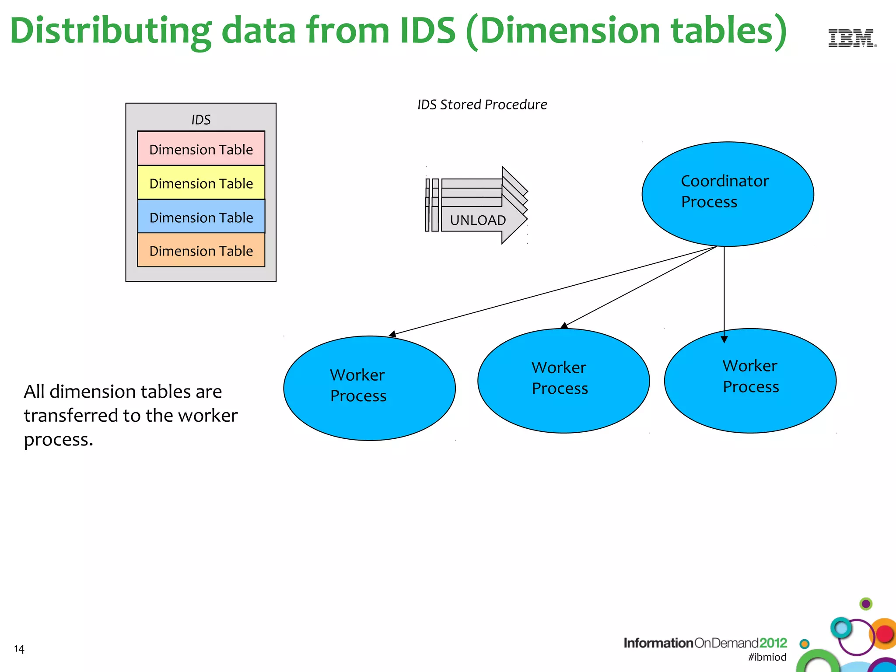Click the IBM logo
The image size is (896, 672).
click(x=852, y=38)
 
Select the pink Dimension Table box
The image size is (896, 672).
click(x=201, y=149)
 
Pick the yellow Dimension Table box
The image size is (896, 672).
click(x=201, y=183)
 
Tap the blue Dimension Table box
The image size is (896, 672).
click(x=201, y=217)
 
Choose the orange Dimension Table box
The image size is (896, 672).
click(x=201, y=251)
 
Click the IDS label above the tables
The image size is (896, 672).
click(x=201, y=119)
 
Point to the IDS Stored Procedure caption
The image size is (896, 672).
click(x=482, y=105)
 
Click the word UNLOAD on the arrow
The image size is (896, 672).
click(x=478, y=220)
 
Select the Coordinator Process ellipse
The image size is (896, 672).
click(x=727, y=194)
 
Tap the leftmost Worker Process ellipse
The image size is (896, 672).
click(x=369, y=388)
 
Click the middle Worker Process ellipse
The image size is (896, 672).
click(x=563, y=380)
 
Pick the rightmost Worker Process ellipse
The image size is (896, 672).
click(x=750, y=380)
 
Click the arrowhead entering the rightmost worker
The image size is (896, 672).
click(x=724, y=339)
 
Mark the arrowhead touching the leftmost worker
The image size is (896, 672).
click(x=392, y=334)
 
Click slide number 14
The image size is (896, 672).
click(x=19, y=648)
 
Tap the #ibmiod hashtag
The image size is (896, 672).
click(x=767, y=657)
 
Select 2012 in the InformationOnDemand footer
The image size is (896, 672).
click(x=773, y=642)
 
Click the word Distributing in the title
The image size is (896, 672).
click(x=110, y=31)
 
